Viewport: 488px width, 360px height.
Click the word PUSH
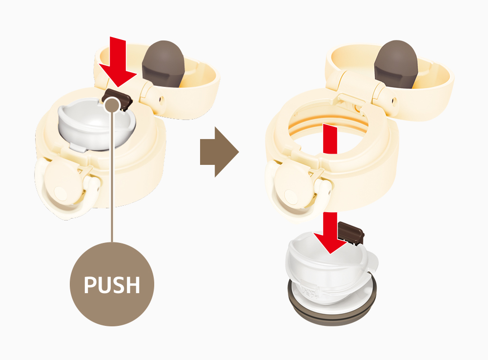[x=112, y=285]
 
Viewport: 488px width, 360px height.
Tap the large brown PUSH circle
[x=112, y=284]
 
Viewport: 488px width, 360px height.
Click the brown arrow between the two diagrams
[x=220, y=152]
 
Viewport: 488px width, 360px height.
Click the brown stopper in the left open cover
[x=163, y=64]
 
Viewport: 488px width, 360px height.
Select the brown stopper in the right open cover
[x=396, y=64]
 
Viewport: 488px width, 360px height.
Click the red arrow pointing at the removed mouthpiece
[x=330, y=233]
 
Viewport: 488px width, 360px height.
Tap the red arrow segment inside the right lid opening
[x=330, y=139]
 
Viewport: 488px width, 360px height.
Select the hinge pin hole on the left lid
[x=161, y=100]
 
